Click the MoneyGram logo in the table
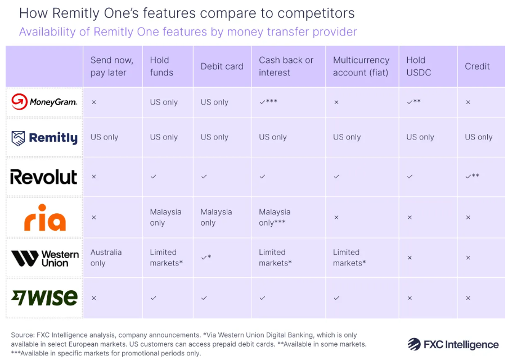coord(44,102)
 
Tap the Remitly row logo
coord(44,137)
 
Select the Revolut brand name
coord(44,177)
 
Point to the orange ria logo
coord(44,217)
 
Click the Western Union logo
coord(44,258)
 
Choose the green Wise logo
coord(44,298)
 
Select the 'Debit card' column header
coord(222,66)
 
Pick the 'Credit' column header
coord(477,66)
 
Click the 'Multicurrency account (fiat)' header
coord(361,66)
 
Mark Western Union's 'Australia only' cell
coord(106,258)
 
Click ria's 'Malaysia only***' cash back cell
coord(275,217)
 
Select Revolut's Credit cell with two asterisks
coord(472,176)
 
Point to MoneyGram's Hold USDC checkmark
coord(413,102)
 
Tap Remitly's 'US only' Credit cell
coord(479,137)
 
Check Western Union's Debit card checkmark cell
coord(207,257)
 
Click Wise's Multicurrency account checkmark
coord(336,298)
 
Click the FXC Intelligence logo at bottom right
coord(453,344)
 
